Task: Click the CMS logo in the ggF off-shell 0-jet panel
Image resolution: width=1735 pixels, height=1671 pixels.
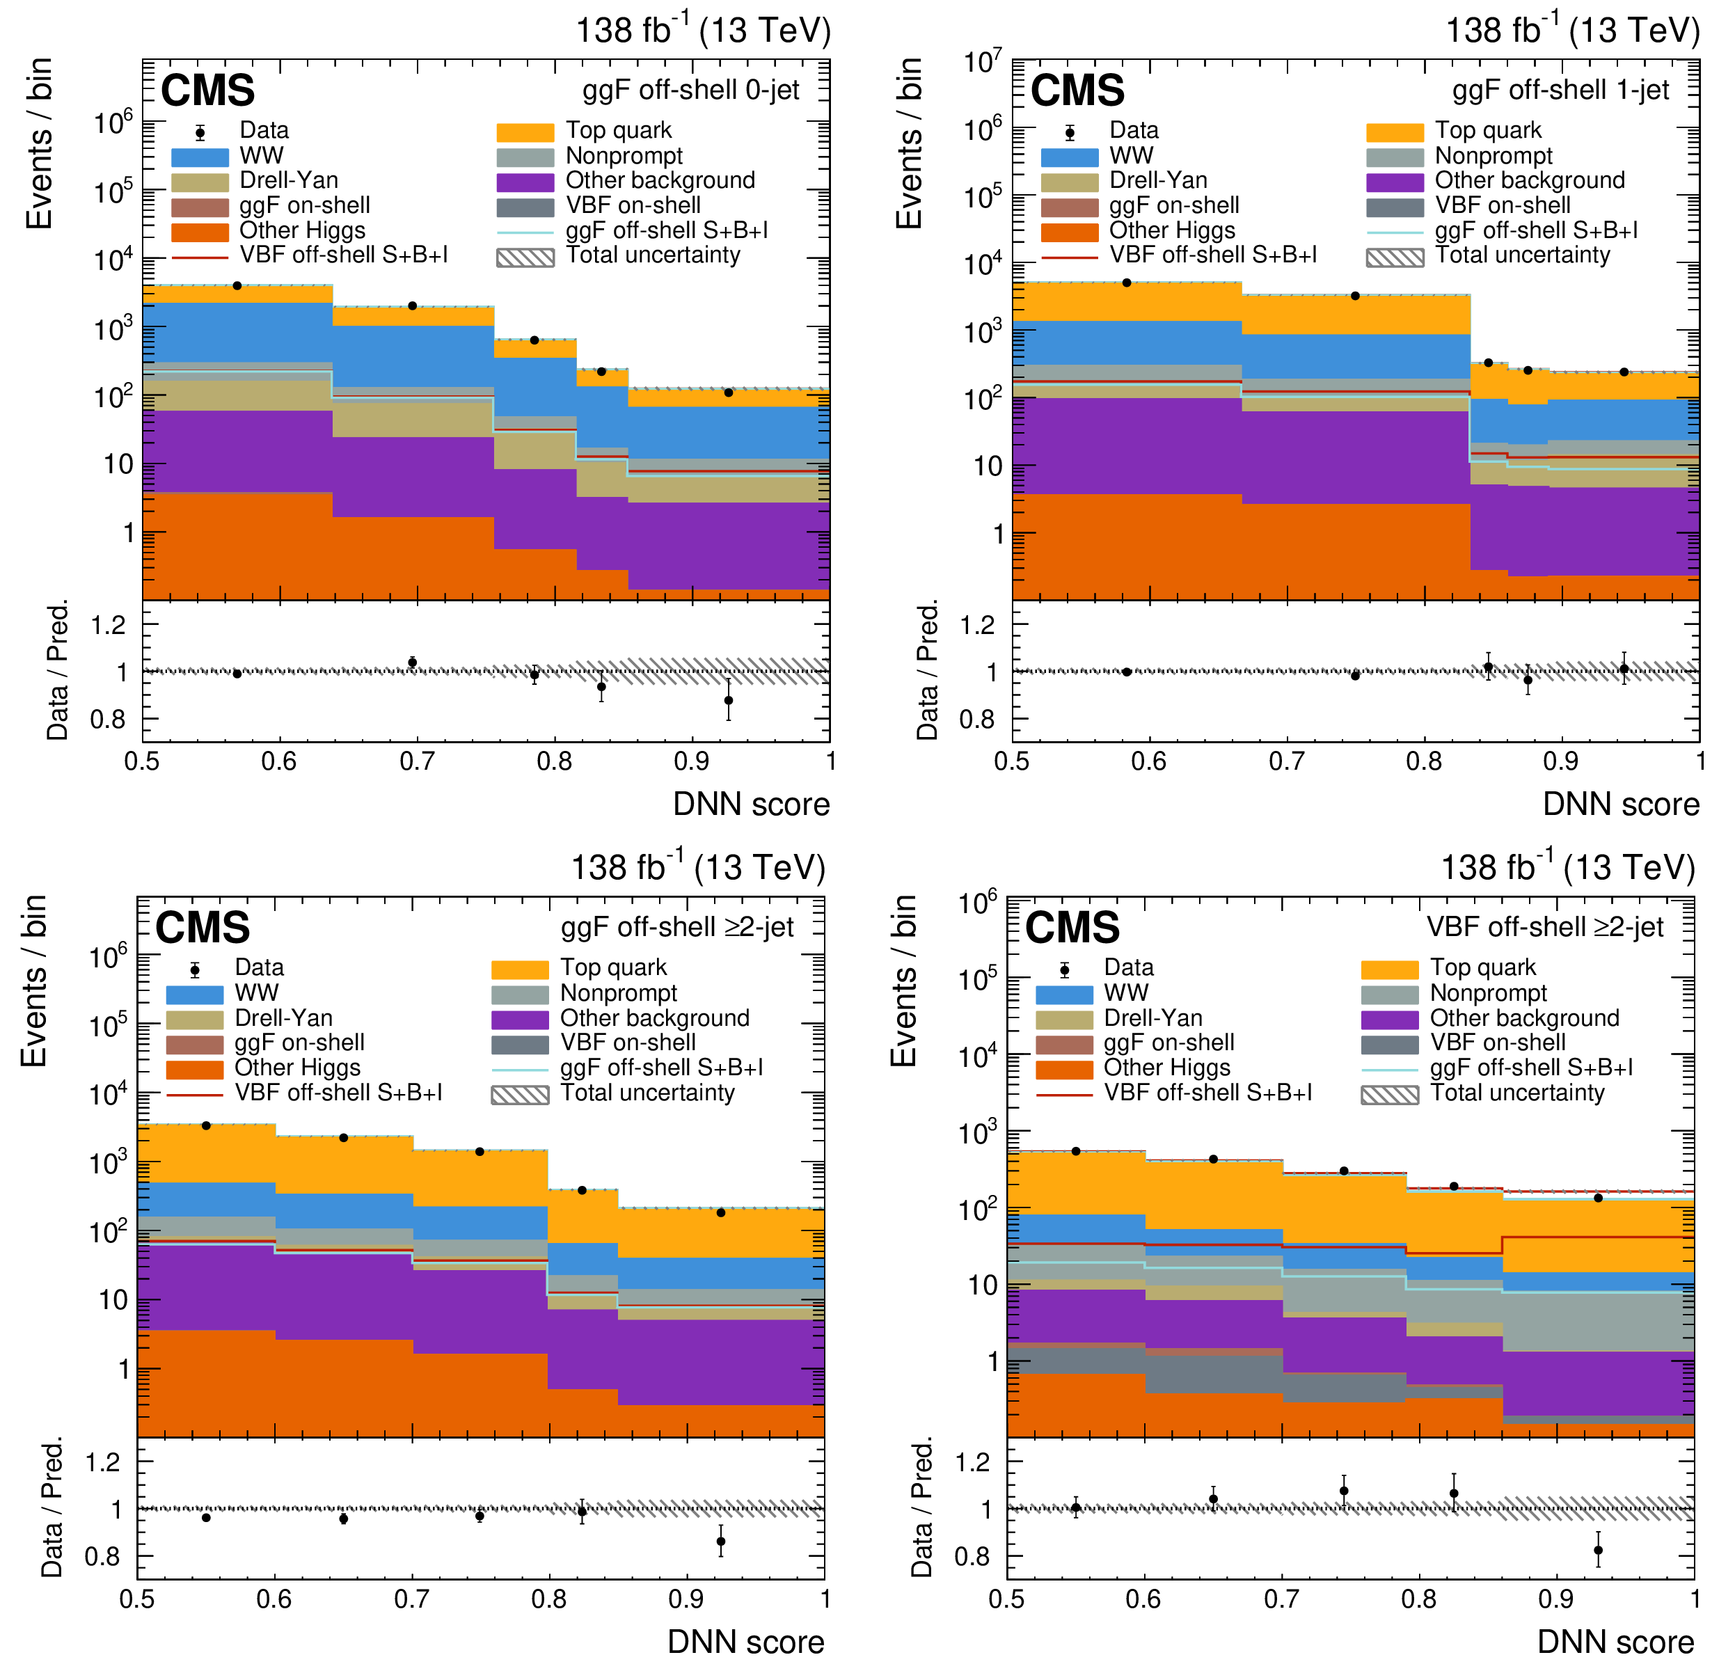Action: (x=207, y=90)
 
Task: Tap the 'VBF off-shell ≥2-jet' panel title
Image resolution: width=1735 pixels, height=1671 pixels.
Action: (x=1545, y=926)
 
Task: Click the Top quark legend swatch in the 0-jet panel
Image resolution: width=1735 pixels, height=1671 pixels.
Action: (x=525, y=132)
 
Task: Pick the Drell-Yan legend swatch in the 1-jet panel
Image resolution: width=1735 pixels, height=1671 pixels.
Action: (x=1070, y=182)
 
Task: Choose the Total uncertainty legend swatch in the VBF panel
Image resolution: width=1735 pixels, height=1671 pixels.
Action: (x=1390, y=1095)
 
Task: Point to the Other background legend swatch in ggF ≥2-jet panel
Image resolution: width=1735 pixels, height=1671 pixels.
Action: (x=520, y=1020)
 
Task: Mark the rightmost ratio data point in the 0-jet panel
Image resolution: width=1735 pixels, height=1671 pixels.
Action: (x=729, y=700)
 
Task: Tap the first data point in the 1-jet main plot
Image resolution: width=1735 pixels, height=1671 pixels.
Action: (x=1127, y=283)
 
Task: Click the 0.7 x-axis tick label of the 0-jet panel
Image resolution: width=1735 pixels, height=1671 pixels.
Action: (x=417, y=761)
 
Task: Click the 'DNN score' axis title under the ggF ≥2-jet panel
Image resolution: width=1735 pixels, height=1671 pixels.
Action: (x=745, y=1642)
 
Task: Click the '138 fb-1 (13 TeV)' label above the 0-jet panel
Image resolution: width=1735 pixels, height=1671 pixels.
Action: (x=704, y=31)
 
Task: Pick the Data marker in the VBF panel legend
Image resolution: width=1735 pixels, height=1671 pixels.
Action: (x=1065, y=969)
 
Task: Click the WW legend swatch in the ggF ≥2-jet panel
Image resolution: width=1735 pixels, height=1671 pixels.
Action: (x=195, y=994)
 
